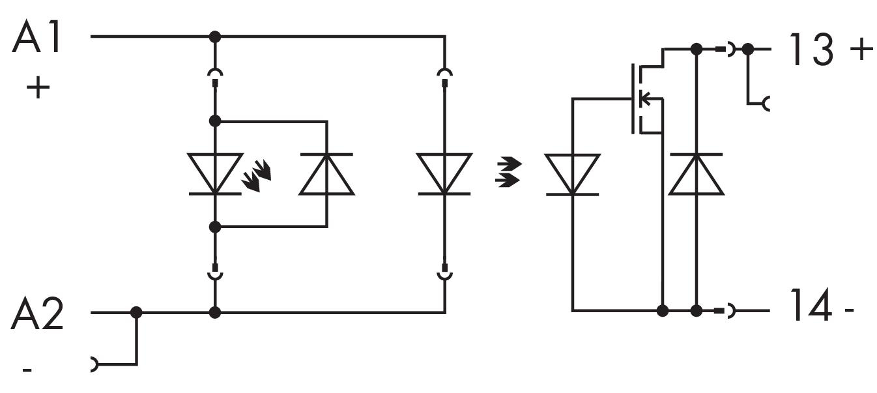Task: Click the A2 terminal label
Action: click(x=37, y=315)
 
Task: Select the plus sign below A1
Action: click(x=38, y=87)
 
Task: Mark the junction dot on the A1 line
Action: click(x=215, y=36)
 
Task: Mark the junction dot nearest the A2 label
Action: click(x=136, y=312)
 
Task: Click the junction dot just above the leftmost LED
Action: click(x=215, y=121)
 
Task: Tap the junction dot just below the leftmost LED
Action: click(x=215, y=226)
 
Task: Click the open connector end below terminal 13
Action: click(x=766, y=103)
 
